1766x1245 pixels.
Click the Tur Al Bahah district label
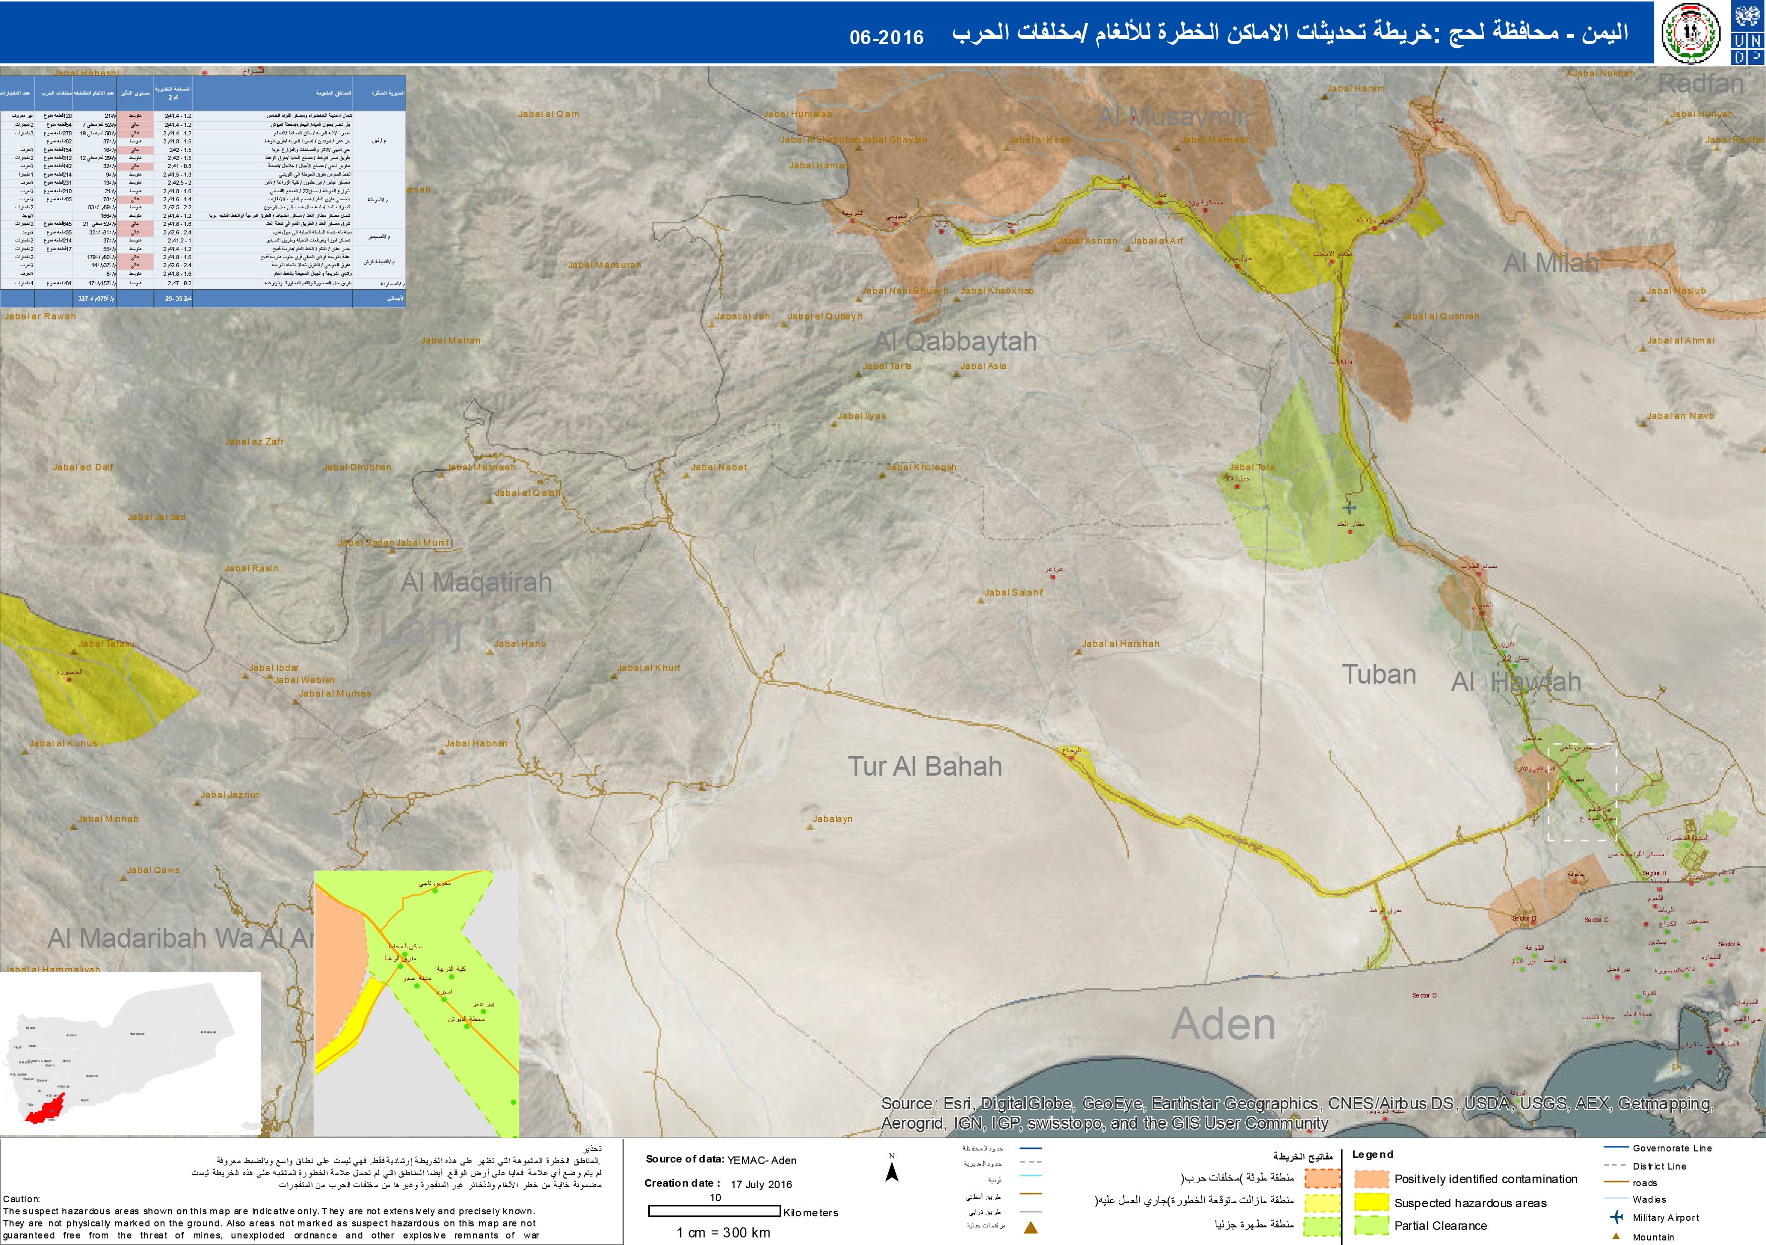(925, 767)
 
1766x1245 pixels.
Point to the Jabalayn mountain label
(832, 819)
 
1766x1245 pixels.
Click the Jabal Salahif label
(1014, 592)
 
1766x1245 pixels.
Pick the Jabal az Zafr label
(254, 441)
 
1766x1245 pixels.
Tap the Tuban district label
(1379, 675)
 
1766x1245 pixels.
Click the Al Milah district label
(1551, 263)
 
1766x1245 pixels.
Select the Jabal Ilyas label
(862, 416)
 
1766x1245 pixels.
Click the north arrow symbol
(892, 1171)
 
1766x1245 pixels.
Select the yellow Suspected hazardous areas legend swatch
(1370, 1202)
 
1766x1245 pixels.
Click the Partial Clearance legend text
(1440, 1226)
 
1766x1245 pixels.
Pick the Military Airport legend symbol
(1616, 1217)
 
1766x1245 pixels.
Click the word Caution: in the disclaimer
(22, 1199)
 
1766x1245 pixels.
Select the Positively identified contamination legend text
(1485, 1179)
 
